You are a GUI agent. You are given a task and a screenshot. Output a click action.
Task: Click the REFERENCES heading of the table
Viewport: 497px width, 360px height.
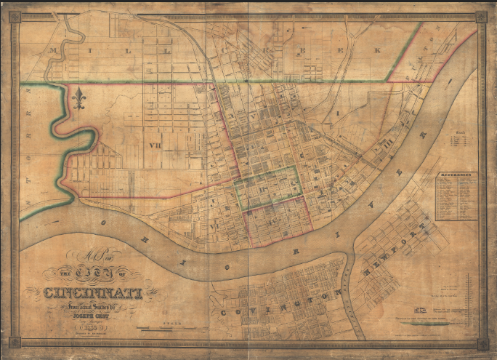(457, 175)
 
